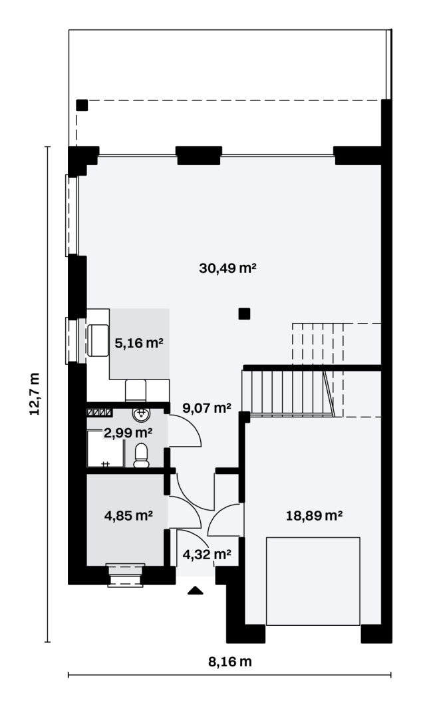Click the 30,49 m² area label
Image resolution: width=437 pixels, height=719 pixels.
pos(227,268)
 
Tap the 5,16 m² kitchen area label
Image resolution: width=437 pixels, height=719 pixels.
pos(139,343)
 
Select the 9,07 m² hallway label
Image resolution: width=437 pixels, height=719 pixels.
pos(207,407)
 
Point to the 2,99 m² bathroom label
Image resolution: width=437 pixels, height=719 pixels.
pos(128,432)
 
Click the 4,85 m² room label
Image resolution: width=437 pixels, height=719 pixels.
pos(128,515)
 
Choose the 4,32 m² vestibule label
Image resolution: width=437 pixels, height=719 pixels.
pos(207,555)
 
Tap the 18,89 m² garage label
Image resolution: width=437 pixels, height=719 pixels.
pos(314,515)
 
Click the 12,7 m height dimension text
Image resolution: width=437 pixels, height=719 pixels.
pos(35,394)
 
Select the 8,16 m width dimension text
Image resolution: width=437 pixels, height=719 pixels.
pos(230,662)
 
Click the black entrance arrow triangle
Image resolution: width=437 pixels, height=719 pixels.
pos(195,590)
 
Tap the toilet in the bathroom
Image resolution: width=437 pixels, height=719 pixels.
pos(141,456)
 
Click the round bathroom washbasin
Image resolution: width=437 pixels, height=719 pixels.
pos(141,414)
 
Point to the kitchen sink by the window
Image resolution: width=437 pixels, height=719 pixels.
pos(98,340)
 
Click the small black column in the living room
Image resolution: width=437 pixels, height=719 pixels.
pos(244,314)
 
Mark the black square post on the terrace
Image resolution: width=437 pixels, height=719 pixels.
pos(82,105)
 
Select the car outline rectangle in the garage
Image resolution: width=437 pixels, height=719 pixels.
pos(313,581)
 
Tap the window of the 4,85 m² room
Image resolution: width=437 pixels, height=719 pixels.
pos(126,575)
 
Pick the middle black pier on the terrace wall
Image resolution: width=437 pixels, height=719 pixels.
pos(199,155)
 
